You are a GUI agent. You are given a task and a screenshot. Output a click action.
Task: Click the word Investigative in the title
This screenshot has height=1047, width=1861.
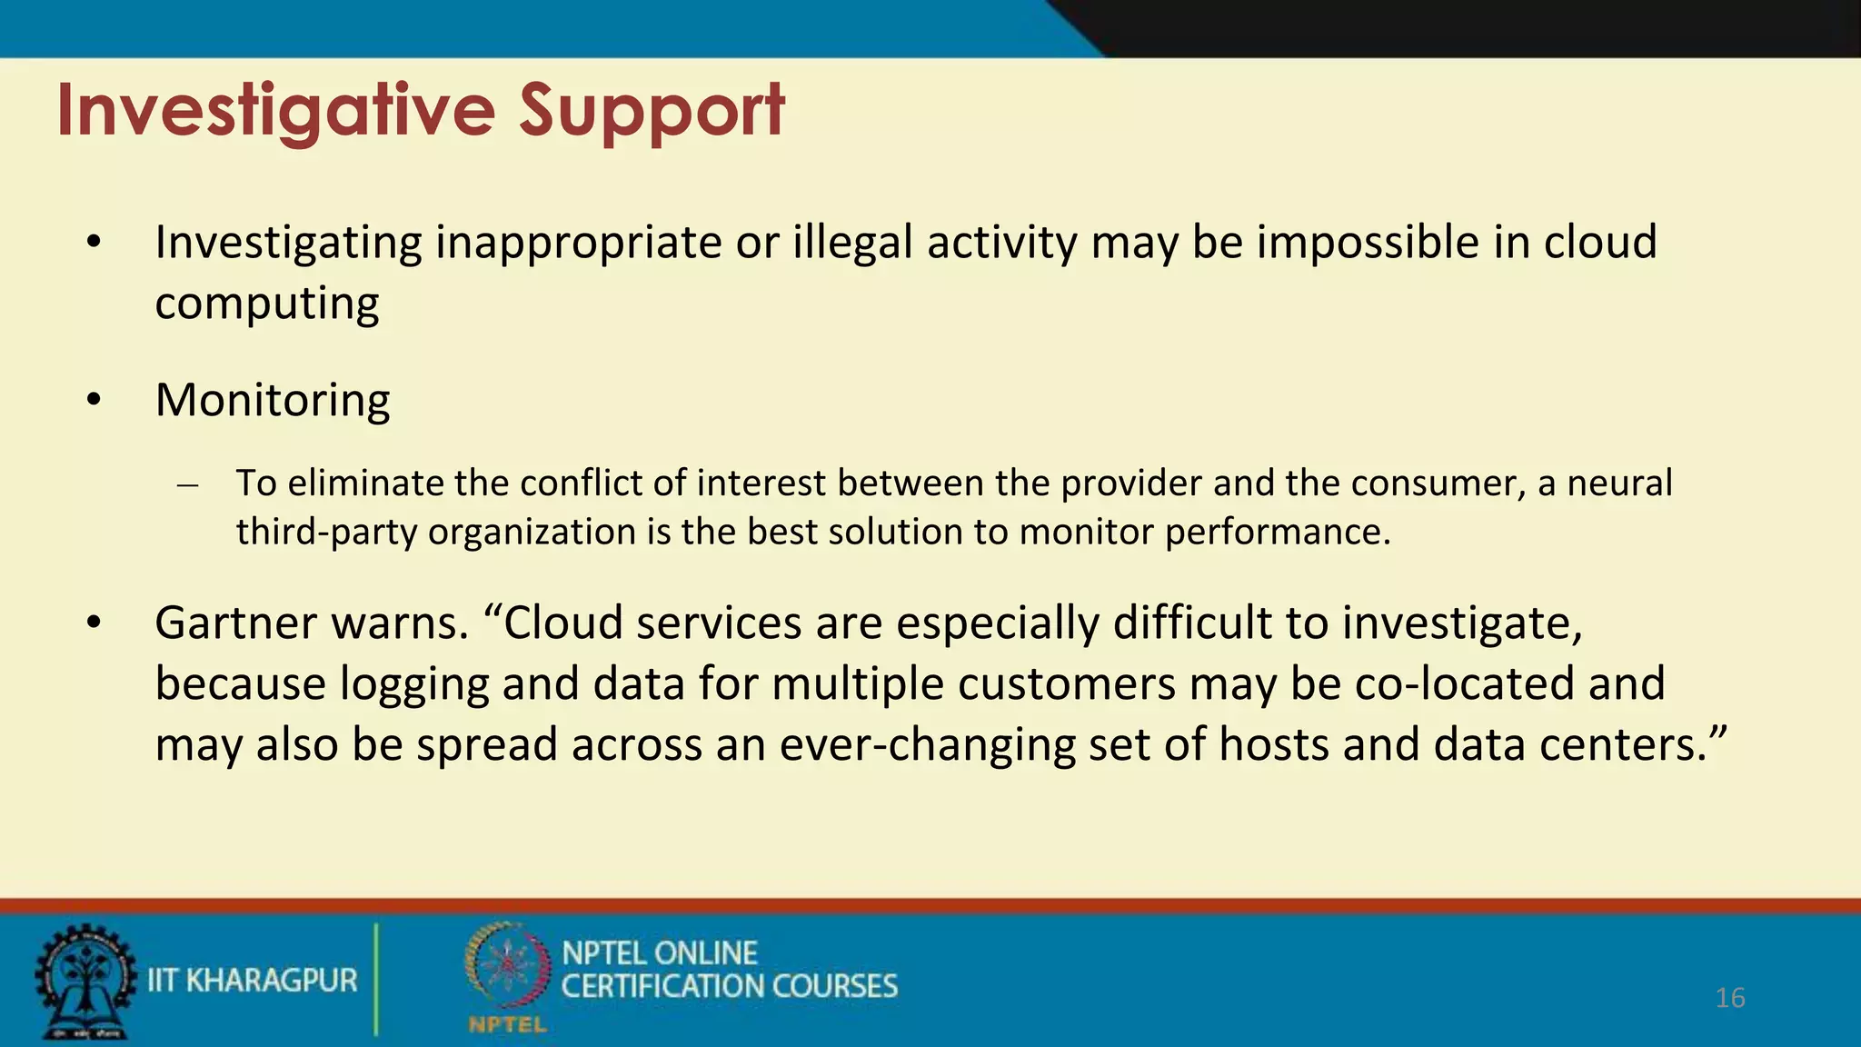tap(275, 111)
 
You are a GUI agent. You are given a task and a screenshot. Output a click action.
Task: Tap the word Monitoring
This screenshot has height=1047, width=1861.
tap(273, 400)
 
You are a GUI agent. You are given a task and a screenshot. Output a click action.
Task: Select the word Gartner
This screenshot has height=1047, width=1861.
tap(234, 623)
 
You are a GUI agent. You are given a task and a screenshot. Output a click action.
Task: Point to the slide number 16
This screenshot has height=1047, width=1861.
tap(1729, 998)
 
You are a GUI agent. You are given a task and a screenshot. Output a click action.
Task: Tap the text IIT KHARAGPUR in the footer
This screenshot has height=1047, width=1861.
tap(252, 981)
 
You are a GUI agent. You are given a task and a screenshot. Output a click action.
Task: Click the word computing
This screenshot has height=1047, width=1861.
tap(267, 304)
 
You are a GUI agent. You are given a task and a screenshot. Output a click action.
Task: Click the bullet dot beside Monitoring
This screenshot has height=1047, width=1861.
tap(94, 400)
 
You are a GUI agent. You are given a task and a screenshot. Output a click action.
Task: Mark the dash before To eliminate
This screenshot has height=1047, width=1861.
tap(188, 484)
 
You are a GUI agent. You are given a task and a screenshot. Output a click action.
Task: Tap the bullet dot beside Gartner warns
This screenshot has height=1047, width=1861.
tap(94, 623)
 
